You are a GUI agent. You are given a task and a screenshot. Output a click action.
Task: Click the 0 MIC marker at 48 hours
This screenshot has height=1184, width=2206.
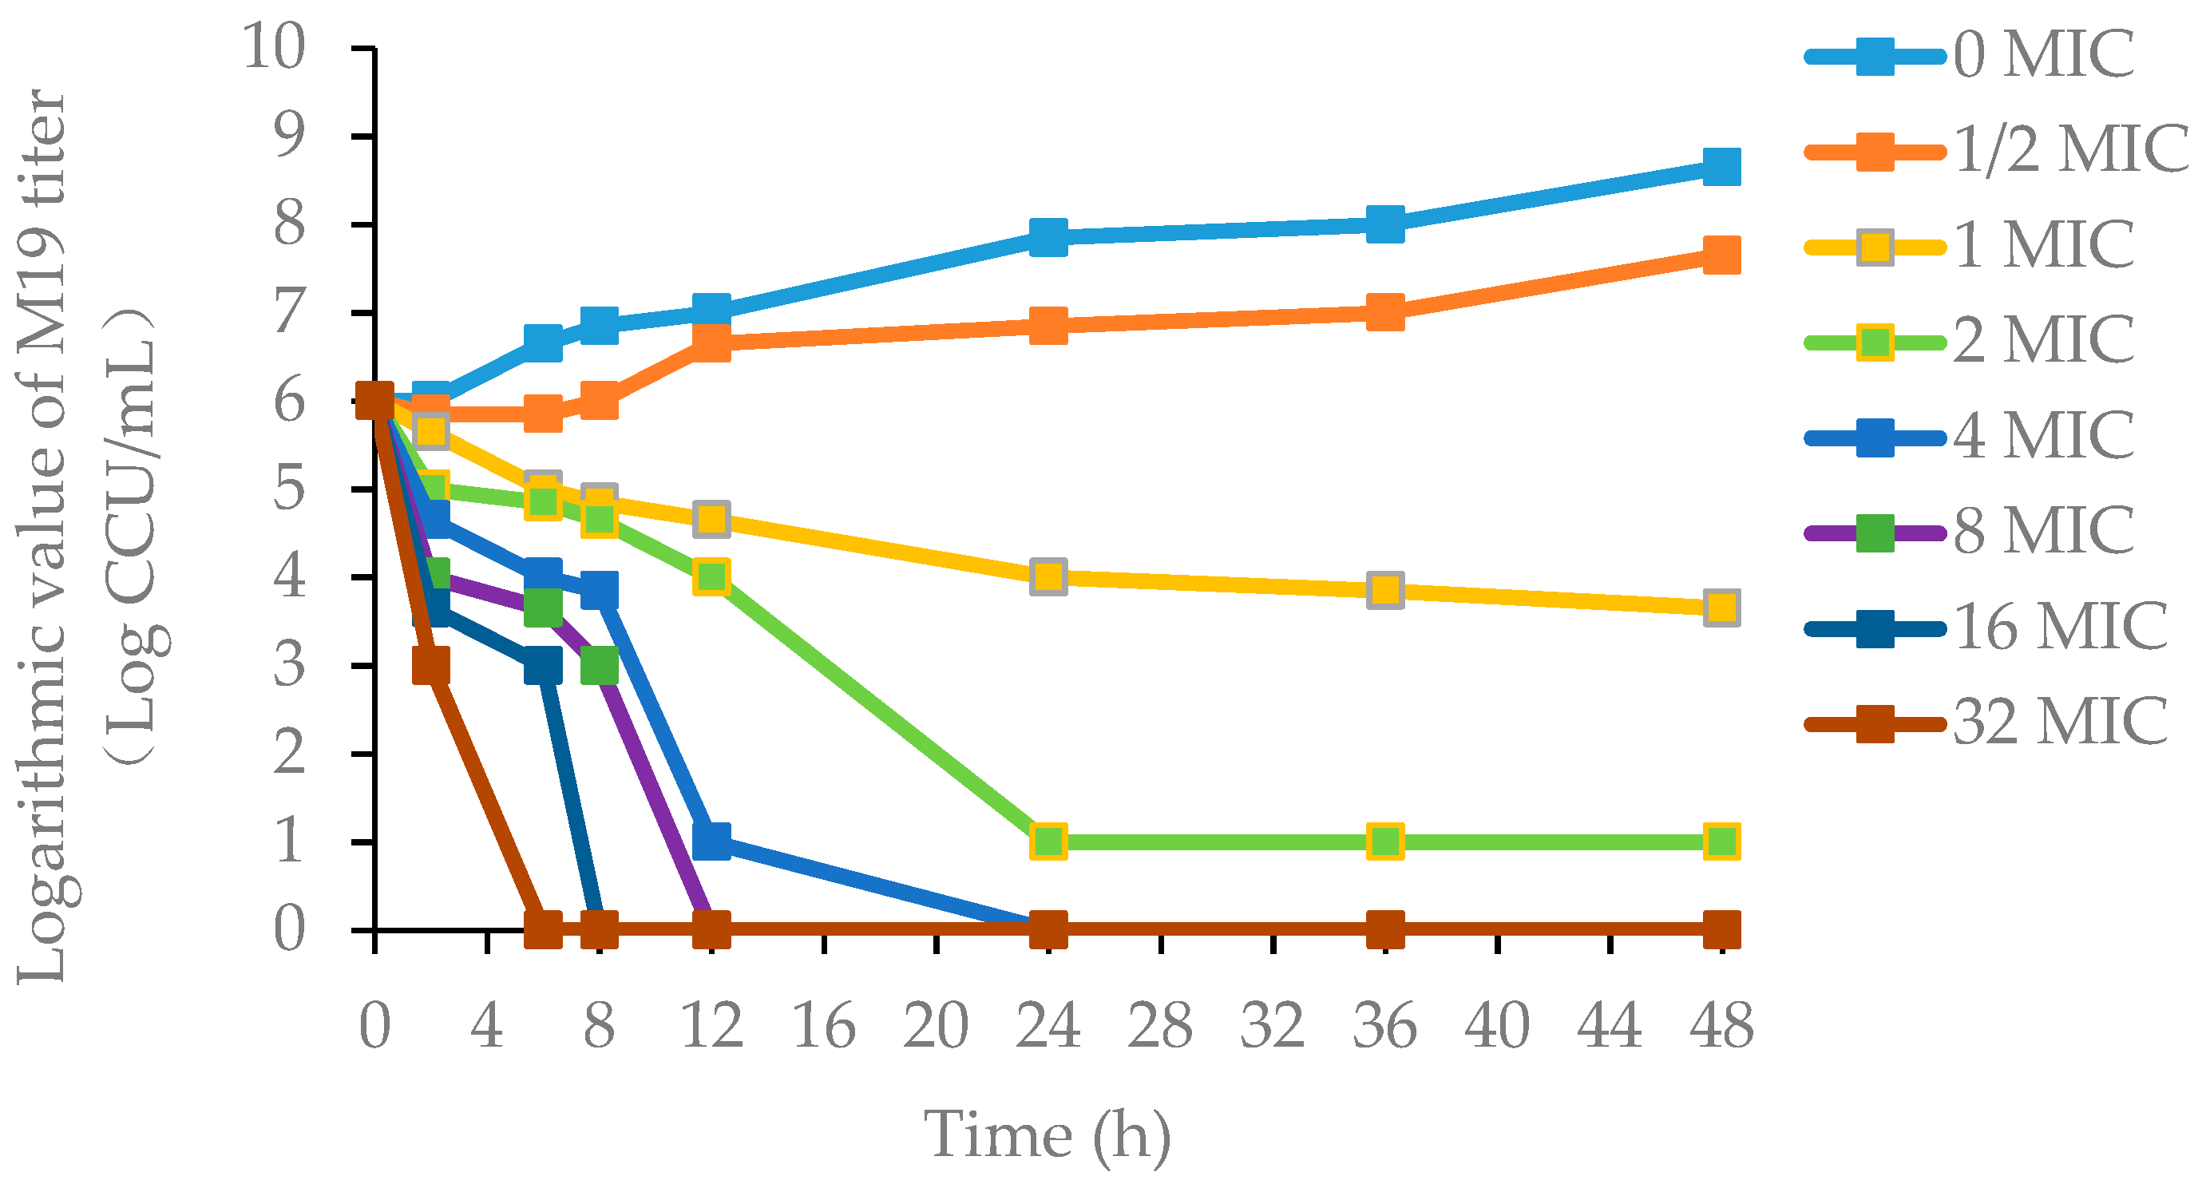point(1721,166)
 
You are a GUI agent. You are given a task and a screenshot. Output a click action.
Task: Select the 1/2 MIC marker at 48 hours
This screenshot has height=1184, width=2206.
point(1721,255)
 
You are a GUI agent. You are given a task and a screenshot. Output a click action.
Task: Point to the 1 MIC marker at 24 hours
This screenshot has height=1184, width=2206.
point(1048,577)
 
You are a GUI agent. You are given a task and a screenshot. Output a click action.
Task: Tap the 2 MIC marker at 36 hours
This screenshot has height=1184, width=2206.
point(1384,841)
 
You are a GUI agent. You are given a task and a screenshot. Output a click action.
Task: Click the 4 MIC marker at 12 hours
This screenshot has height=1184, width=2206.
point(711,841)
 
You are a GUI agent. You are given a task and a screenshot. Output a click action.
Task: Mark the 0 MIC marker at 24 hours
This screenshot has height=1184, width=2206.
point(1048,236)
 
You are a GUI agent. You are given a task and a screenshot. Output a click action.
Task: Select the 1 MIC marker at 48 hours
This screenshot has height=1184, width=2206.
point(1721,608)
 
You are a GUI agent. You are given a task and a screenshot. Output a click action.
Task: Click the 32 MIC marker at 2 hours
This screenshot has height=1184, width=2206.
point(431,664)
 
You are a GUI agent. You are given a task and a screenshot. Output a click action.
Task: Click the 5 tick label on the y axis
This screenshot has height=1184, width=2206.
point(290,489)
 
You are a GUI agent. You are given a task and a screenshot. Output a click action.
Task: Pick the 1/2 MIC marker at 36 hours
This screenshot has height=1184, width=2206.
point(1384,311)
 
